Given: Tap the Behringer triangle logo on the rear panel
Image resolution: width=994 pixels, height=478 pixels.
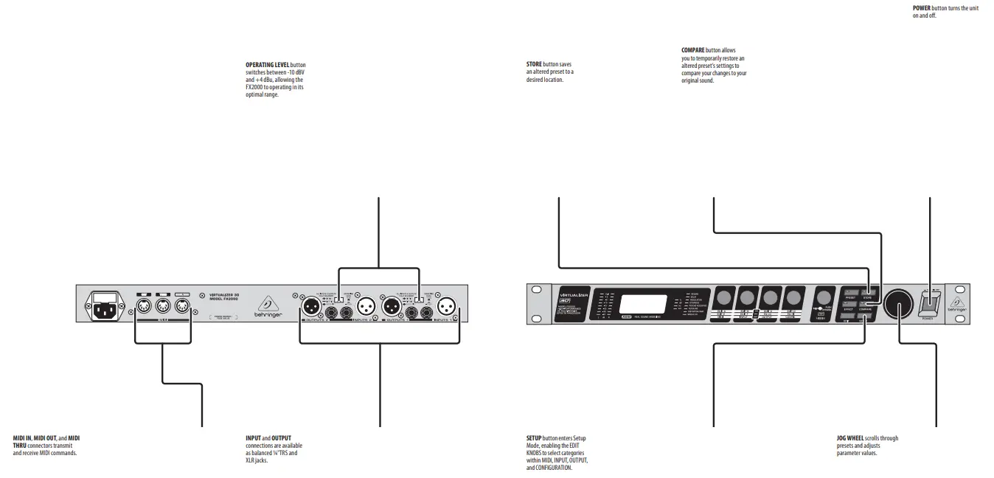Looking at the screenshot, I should (265, 303).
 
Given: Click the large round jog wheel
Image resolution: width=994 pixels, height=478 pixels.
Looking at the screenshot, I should (899, 303).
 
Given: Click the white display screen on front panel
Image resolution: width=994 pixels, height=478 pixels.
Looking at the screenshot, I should (642, 304).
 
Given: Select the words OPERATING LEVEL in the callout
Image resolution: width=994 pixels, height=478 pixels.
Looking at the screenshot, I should (267, 65).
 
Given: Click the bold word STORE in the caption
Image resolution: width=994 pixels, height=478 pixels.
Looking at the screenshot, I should (534, 65).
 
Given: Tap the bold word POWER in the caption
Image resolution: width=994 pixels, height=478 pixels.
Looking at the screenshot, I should (922, 8).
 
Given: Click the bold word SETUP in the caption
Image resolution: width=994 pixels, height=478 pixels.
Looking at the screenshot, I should (534, 438).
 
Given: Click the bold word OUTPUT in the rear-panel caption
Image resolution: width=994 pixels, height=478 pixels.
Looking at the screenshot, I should (281, 438).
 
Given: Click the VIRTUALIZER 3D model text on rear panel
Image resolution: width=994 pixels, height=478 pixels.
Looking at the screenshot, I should (223, 295).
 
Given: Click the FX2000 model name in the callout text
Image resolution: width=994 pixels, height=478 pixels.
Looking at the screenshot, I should (254, 87).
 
